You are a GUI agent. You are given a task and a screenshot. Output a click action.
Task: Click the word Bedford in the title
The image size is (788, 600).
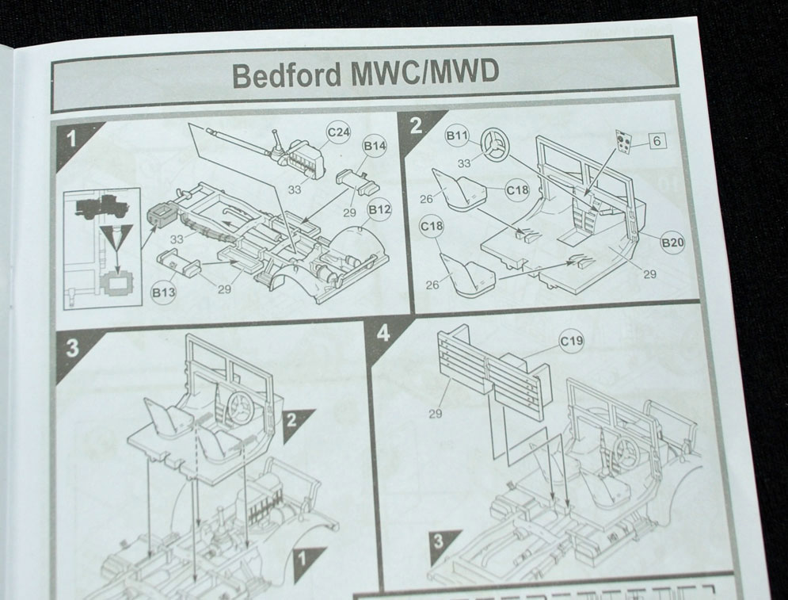287,75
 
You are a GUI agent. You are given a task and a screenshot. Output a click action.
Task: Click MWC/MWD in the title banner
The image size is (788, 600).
424,73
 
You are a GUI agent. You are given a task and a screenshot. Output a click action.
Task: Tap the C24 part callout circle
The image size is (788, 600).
338,132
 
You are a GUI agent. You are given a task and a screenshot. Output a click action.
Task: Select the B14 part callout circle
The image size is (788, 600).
375,147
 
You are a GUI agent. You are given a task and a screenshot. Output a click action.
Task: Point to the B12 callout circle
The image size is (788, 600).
379,209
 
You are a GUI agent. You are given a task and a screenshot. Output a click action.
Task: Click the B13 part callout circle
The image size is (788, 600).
163,292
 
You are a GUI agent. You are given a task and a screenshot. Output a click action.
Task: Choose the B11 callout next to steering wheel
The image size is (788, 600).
457,136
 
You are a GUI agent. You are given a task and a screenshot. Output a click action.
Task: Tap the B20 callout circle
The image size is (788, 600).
672,243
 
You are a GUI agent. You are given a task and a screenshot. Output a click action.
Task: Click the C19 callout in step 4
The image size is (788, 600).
572,342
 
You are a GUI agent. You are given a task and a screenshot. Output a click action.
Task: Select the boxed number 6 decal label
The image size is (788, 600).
657,141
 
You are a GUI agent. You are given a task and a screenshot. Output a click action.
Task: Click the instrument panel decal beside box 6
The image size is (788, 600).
623,141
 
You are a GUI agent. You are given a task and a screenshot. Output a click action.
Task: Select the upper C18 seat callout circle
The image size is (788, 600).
517,189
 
